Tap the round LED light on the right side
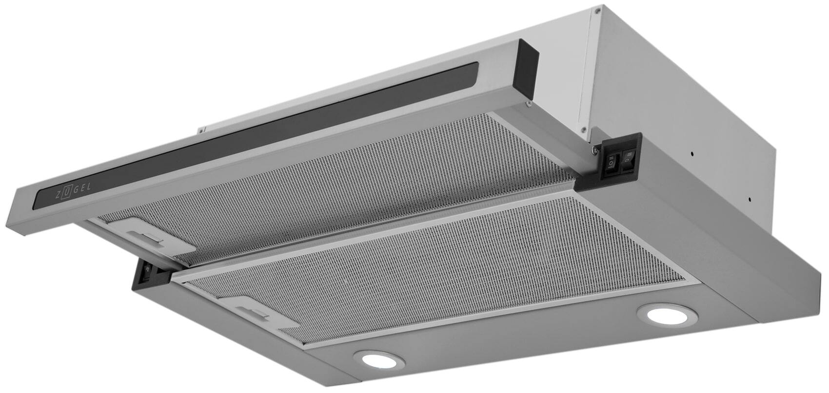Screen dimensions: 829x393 pos(667,315)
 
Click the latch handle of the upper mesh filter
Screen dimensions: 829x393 pos(146,239)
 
